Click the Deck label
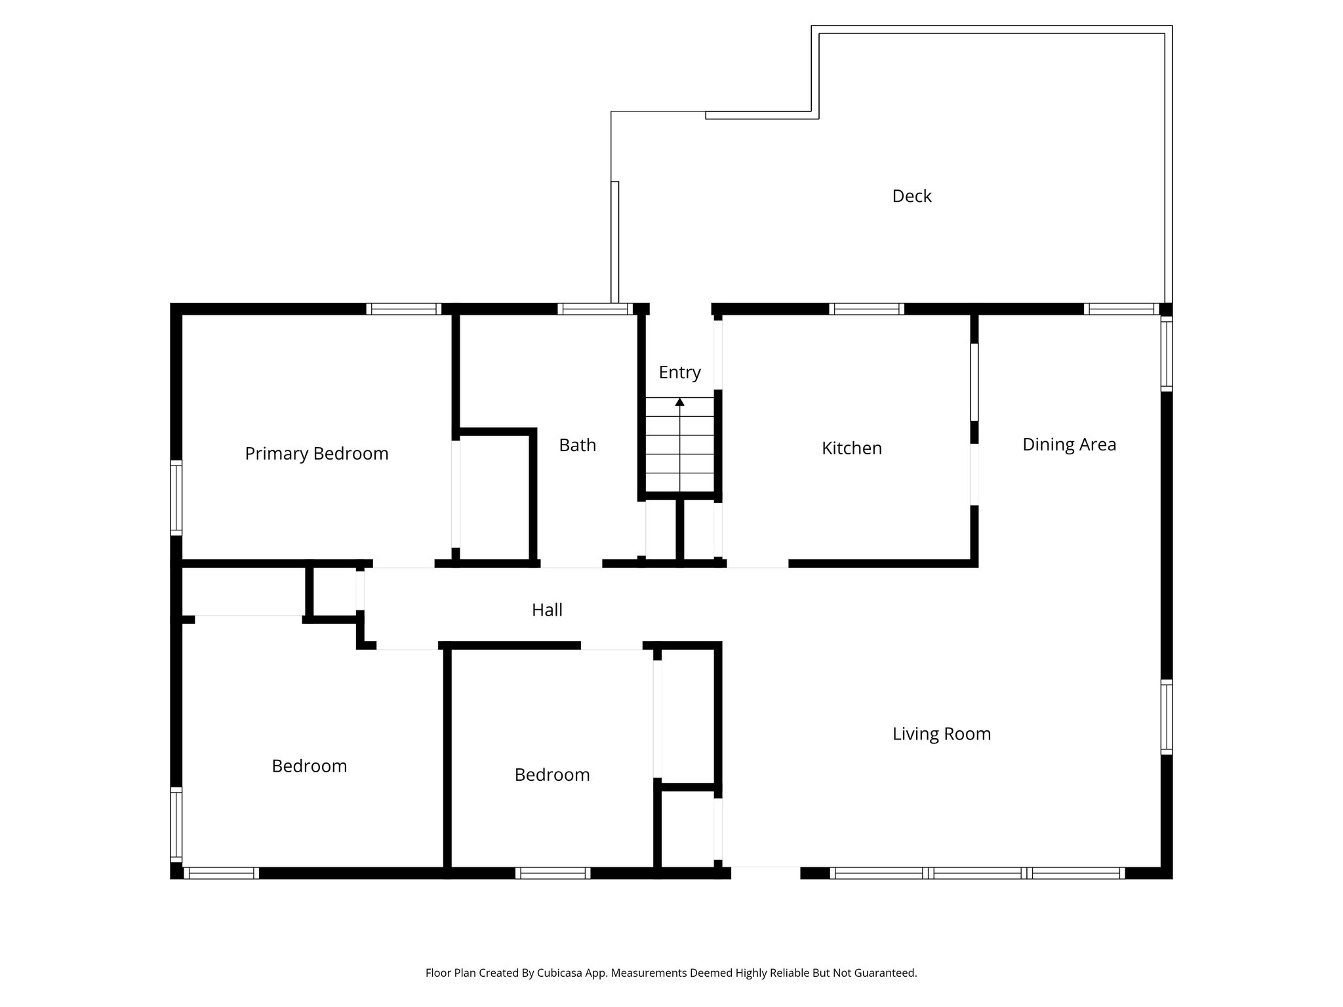[912, 196]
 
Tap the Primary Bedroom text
[317, 454]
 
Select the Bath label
[577, 445]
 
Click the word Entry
[679, 372]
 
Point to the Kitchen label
[851, 448]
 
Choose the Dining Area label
[1069, 444]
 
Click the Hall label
[547, 610]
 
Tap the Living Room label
[941, 734]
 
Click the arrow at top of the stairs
[680, 402]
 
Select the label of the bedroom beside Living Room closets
[552, 775]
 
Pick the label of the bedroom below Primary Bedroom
[309, 766]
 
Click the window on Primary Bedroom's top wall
[403, 309]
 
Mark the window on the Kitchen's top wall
[866, 309]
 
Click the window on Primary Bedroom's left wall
[176, 498]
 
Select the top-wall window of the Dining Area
[1121, 309]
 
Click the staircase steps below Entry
[680, 446]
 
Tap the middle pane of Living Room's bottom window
[977, 873]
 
